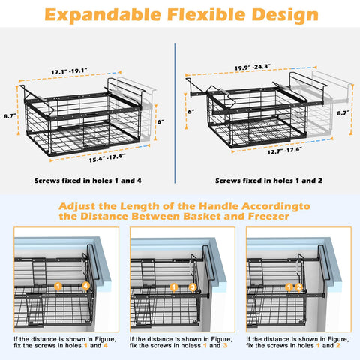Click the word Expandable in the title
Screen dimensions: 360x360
pyautogui.click(x=103, y=15)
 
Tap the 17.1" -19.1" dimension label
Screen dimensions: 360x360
pyautogui.click(x=69, y=71)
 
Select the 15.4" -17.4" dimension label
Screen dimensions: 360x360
pyautogui.click(x=107, y=158)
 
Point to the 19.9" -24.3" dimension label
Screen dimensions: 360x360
pyautogui.click(x=253, y=67)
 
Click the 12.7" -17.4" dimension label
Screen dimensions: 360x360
pyautogui.click(x=284, y=151)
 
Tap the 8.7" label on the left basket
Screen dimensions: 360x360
pyautogui.click(x=10, y=116)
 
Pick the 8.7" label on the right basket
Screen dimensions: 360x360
pyautogui.click(x=343, y=113)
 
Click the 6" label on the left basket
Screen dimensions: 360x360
pyautogui.click(x=160, y=121)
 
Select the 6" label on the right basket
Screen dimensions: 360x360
pyautogui.click(x=191, y=111)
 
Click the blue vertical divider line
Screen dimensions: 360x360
pyautogui.click(x=175, y=113)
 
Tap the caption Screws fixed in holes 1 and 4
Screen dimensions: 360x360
pyautogui.click(x=88, y=181)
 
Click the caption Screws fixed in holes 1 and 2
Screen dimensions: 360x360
pyautogui.click(x=268, y=181)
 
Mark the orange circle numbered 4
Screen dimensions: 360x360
pyautogui.click(x=85, y=286)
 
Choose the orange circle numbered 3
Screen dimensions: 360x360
pyautogui.click(x=193, y=287)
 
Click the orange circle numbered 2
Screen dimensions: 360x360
pyautogui.click(x=299, y=287)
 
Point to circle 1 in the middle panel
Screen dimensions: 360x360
pyautogui.click(x=174, y=287)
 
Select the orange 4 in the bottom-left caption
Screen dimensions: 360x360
pyautogui.click(x=106, y=346)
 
